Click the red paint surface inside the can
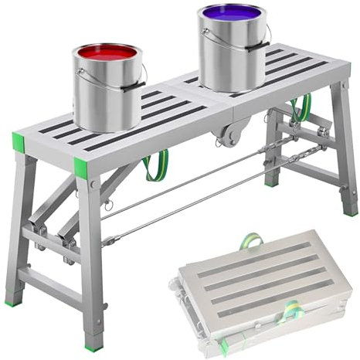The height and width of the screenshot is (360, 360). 108,55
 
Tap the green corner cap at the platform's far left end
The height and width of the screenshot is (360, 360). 18,143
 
